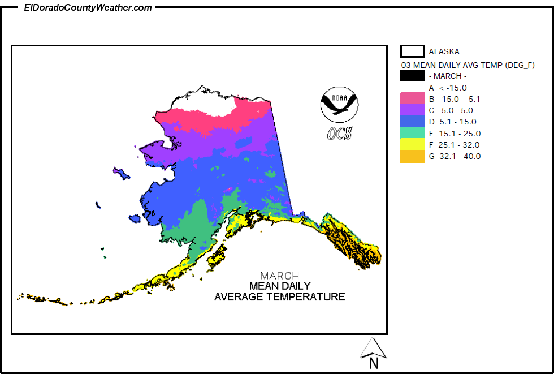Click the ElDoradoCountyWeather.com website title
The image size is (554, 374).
pyautogui.click(x=88, y=7)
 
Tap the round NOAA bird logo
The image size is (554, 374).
pyautogui.click(x=339, y=105)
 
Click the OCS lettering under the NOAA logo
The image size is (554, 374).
pyautogui.click(x=339, y=134)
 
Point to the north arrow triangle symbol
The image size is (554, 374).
pyautogui.click(x=373, y=347)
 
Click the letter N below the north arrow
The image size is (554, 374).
pyautogui.click(x=373, y=364)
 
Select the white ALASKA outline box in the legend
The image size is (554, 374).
pyautogui.click(x=412, y=51)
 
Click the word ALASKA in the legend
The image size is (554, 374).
pyautogui.click(x=444, y=51)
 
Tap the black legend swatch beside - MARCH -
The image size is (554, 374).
pyautogui.click(x=412, y=76)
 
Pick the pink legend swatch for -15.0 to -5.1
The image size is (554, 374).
pyautogui.click(x=412, y=99)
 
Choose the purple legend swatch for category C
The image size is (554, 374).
pyautogui.click(x=412, y=110)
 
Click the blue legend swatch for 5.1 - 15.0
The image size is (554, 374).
pyautogui.click(x=412, y=122)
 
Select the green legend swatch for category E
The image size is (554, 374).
pyautogui.click(x=412, y=134)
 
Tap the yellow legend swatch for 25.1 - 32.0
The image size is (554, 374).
pyautogui.click(x=412, y=145)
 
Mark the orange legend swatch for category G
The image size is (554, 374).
pyautogui.click(x=412, y=156)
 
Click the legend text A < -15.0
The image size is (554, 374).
pyautogui.click(x=448, y=88)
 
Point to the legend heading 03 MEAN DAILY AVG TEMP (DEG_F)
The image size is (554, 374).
pyautogui.click(x=468, y=65)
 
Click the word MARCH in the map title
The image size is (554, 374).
pyautogui.click(x=279, y=276)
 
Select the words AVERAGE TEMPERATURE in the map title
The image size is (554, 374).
pyautogui.click(x=279, y=296)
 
